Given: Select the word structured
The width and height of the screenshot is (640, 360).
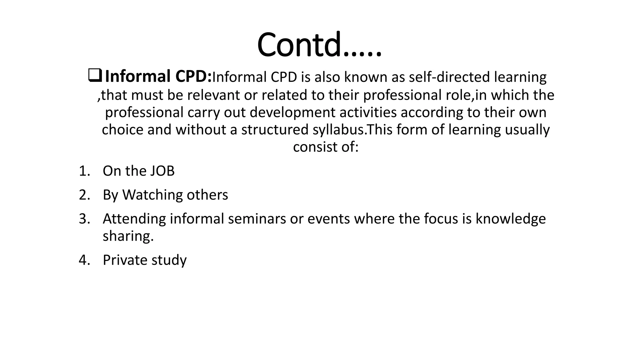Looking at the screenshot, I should click(x=275, y=130).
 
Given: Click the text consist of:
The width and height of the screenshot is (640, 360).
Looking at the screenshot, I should click(x=326, y=147).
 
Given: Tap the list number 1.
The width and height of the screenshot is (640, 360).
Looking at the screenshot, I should click(x=84, y=171).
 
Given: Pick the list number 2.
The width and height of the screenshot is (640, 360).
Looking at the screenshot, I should click(x=84, y=195).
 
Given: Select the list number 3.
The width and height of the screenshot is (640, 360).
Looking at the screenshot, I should click(x=84, y=219).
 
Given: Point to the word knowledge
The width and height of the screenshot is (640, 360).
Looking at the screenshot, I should click(x=511, y=219).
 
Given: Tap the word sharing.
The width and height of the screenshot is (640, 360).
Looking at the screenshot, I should click(x=128, y=236).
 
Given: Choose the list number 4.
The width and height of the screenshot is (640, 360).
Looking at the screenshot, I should click(x=84, y=260).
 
